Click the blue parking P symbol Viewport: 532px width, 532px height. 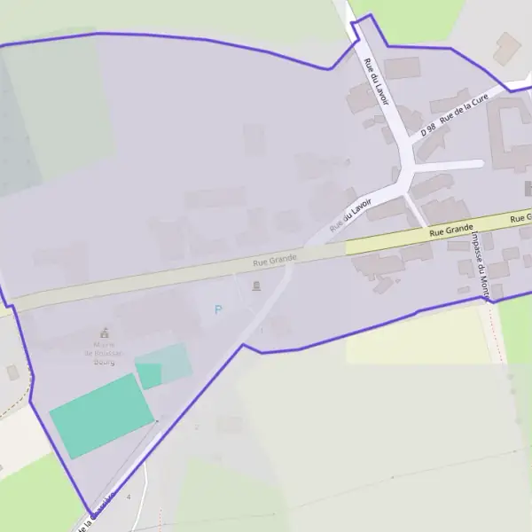click(218, 309)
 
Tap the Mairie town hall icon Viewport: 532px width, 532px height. click(106, 333)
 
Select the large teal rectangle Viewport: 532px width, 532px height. click(102, 415)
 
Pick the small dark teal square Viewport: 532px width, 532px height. click(149, 375)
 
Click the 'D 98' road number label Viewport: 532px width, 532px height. click(428, 129)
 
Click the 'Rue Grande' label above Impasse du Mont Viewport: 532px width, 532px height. click(450, 230)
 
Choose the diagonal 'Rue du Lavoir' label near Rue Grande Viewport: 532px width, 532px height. click(349, 215)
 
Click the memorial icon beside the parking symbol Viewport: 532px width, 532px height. click(256, 286)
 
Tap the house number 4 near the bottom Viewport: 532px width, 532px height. click(129, 497)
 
